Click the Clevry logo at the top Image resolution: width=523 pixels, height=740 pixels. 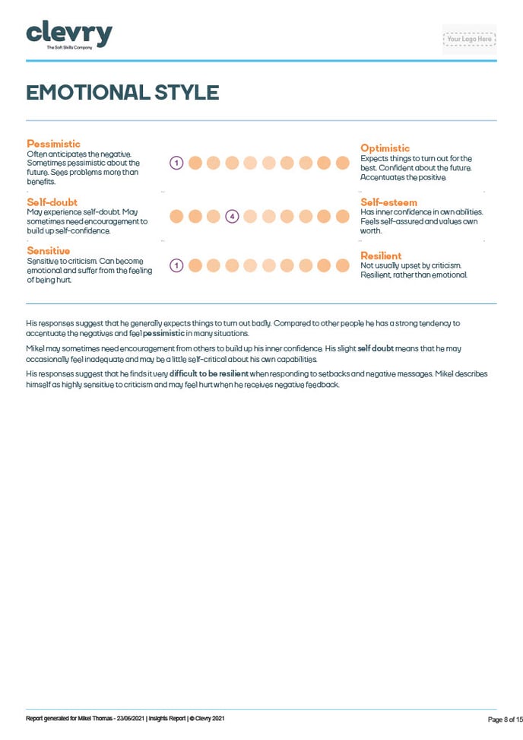tap(69, 35)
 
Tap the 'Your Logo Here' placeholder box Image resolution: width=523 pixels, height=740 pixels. tap(469, 39)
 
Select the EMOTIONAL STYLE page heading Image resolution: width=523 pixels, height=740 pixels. tap(122, 93)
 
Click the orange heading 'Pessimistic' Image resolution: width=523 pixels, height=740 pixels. tap(53, 144)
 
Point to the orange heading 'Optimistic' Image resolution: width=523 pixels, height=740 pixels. tap(385, 148)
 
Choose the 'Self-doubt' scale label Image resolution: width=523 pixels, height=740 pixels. tap(52, 202)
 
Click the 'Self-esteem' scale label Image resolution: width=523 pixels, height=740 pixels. tap(388, 202)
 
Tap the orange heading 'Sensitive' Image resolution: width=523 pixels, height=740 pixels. tap(48, 251)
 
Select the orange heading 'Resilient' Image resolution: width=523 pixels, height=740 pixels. tap(381, 256)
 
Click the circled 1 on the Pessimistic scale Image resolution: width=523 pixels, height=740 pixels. tap(176, 163)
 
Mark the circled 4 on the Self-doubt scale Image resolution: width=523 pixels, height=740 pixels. tap(232, 217)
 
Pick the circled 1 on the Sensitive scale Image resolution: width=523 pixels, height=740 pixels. tap(176, 265)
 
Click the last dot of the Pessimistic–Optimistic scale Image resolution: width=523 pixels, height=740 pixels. tap(342, 163)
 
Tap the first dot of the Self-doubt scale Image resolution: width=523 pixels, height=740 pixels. tap(176, 217)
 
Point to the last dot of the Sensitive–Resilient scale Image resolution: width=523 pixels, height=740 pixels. tap(342, 265)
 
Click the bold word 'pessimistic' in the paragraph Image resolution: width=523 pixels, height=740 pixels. tap(163, 334)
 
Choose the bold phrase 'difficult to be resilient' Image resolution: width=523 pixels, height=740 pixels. tap(209, 374)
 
